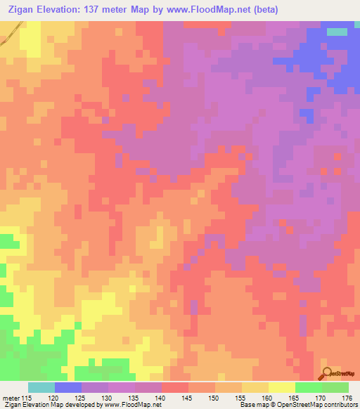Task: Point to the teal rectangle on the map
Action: point(337,32)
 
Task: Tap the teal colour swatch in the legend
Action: point(41,387)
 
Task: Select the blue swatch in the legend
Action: point(68,387)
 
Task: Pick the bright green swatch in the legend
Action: point(309,387)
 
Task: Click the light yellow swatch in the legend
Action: point(282,387)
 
